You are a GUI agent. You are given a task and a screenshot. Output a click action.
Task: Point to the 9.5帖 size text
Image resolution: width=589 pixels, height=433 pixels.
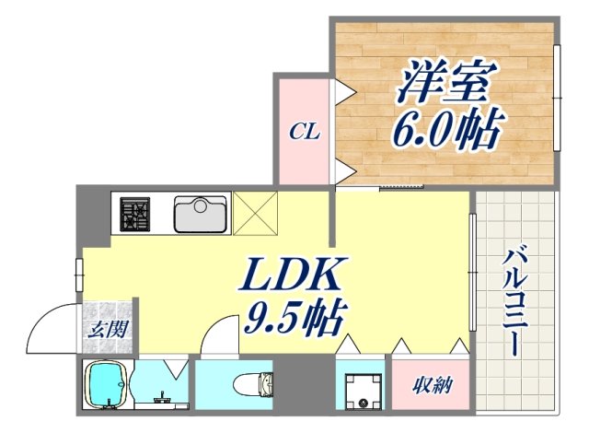(293, 319)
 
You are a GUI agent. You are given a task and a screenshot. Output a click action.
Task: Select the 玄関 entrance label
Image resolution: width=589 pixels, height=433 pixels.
(108, 327)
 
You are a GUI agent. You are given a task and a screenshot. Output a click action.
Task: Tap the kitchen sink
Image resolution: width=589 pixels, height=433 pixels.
(202, 215)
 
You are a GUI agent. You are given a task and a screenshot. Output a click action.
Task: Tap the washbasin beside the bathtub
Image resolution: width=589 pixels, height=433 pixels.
(163, 396)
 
